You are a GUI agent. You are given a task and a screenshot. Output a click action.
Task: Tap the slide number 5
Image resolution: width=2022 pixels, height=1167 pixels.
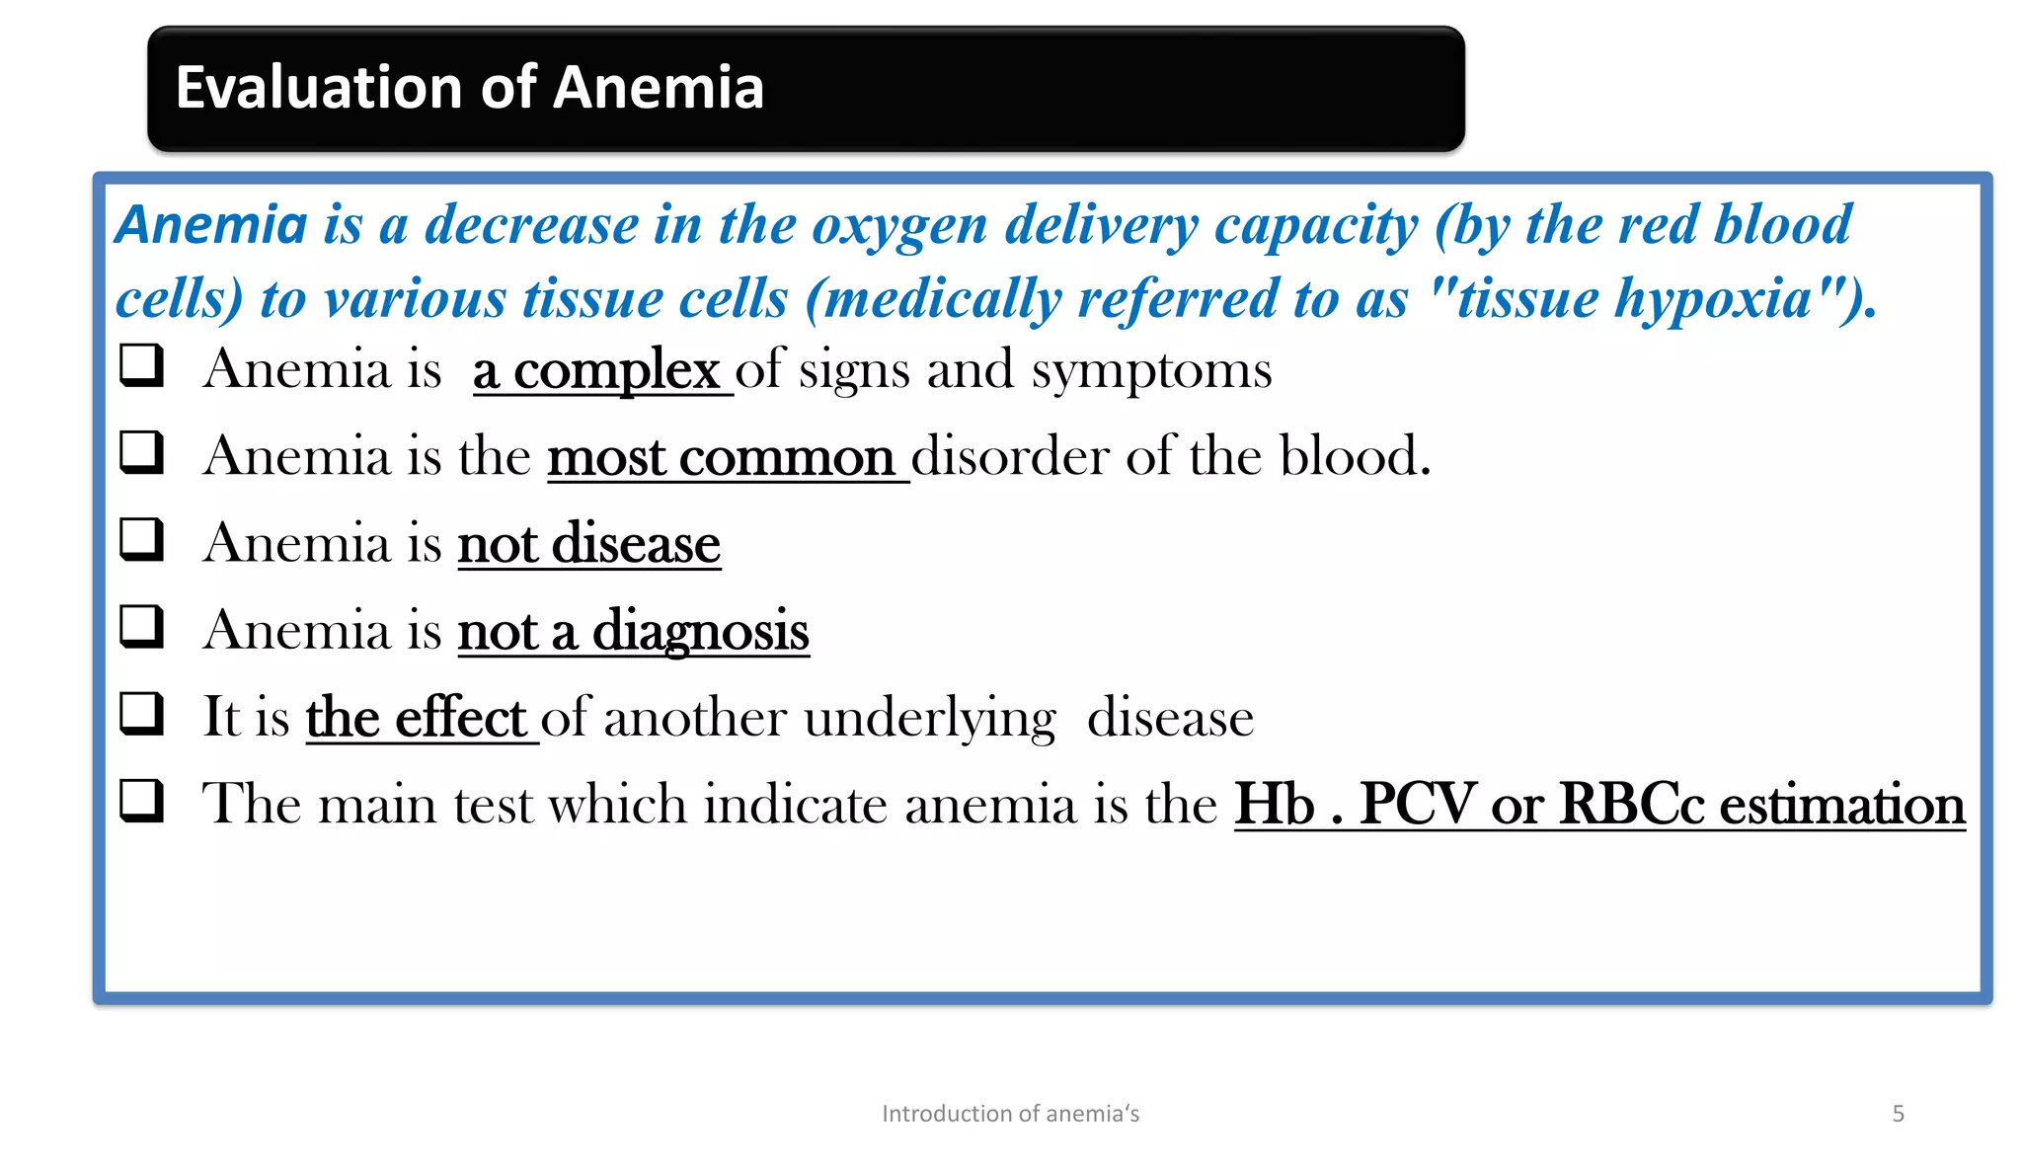[x=1898, y=1114]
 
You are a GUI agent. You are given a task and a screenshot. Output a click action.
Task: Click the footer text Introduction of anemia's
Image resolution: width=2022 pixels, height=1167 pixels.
[x=1010, y=1114]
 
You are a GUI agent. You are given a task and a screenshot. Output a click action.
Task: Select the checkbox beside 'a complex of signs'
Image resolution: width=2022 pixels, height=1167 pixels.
[x=141, y=365]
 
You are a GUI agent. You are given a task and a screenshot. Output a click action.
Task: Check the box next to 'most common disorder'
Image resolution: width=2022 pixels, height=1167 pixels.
[x=141, y=452]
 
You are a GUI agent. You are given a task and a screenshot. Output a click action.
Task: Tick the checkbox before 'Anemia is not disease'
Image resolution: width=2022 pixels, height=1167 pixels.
[x=141, y=539]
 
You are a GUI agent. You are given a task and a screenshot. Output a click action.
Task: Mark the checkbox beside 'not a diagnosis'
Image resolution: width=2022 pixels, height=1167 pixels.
[x=141, y=626]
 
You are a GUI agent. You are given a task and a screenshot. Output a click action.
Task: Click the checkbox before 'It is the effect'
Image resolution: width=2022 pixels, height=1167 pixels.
[x=141, y=713]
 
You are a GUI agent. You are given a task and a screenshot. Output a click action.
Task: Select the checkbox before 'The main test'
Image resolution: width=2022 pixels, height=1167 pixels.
[x=141, y=800]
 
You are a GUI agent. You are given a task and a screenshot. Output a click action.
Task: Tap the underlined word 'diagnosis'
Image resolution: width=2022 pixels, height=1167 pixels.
[x=700, y=632]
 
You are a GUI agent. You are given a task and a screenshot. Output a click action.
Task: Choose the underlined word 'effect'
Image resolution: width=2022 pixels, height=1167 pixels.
[x=460, y=718]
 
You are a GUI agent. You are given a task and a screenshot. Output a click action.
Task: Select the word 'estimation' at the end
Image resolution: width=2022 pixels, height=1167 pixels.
[x=1842, y=805]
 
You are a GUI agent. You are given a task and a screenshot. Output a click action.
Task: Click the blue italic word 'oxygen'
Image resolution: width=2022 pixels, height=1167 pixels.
[x=899, y=226]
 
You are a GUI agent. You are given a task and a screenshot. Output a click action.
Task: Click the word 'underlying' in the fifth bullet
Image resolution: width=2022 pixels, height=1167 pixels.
[x=930, y=719]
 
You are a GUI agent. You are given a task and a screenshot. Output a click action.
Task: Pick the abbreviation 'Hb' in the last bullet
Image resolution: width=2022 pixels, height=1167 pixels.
[x=1274, y=805]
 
